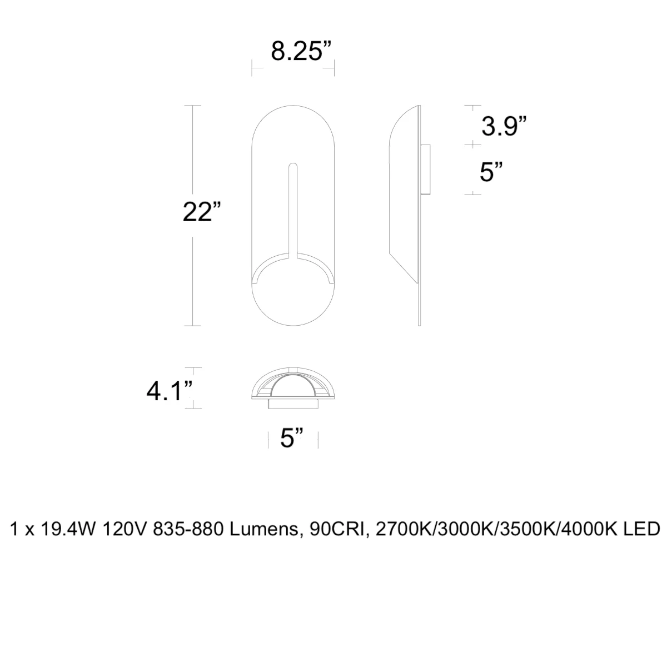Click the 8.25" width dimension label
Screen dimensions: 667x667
point(301,51)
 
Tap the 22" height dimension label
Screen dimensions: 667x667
point(201,211)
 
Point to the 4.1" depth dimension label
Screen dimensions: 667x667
point(170,391)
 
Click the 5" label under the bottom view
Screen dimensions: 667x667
point(292,437)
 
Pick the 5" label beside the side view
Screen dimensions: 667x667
point(491,172)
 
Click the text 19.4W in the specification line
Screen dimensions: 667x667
point(68,529)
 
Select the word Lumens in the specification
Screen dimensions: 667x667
point(264,529)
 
